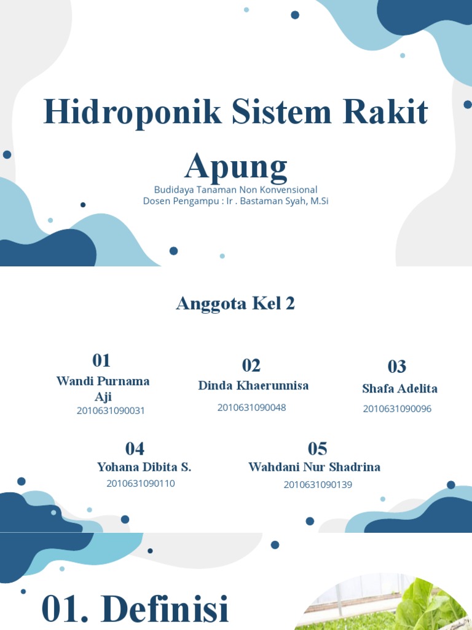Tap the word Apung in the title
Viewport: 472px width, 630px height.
(236, 166)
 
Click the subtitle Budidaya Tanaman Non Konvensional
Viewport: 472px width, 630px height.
(236, 189)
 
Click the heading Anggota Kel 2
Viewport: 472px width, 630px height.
(235, 303)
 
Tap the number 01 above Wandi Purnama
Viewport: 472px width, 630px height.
(101, 360)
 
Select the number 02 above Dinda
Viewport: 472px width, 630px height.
(251, 365)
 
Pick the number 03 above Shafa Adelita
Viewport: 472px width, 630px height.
(396, 367)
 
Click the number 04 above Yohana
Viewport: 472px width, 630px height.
(135, 449)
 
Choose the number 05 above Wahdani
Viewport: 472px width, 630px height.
(317, 449)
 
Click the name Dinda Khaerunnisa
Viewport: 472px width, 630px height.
(253, 386)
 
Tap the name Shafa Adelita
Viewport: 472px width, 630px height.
(399, 389)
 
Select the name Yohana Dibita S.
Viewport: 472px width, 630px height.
(144, 468)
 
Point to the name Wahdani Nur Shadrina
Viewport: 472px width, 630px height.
(314, 468)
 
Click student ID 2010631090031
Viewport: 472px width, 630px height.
(111, 411)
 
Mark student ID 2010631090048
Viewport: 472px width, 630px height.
(251, 407)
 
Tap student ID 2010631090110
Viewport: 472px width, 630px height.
(141, 484)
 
